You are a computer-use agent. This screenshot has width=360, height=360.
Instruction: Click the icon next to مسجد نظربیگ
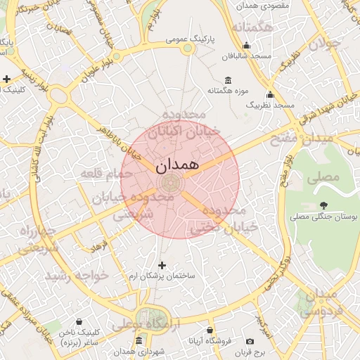coord(269,94)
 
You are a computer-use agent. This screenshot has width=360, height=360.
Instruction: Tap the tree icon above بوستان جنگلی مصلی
coord(323,205)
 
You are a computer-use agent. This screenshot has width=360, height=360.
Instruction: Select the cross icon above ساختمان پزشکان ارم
coord(162,265)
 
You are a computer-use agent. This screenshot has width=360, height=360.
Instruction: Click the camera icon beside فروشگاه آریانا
coord(250,341)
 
